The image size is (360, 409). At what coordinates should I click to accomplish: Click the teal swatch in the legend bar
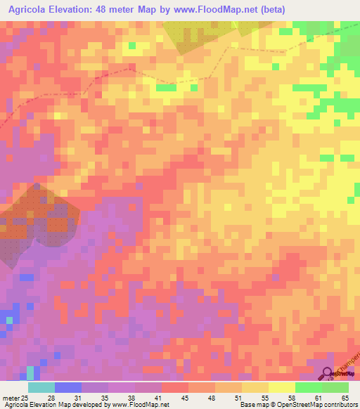click(41, 387)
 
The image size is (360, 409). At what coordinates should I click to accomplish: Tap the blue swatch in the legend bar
click(68, 387)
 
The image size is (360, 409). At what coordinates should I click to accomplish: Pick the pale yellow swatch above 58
click(282, 387)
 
